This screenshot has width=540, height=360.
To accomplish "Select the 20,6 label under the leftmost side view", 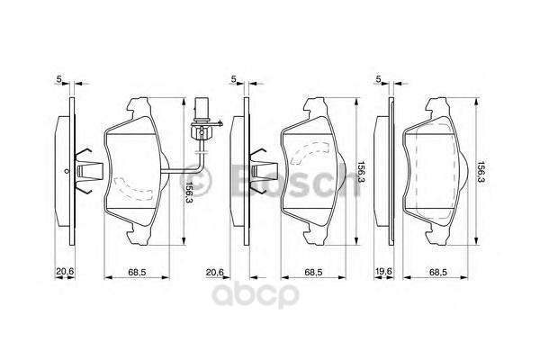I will click(x=63, y=271).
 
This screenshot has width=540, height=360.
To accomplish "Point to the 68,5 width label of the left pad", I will click(x=137, y=271).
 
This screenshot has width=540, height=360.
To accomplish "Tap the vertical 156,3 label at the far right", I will click(x=482, y=172).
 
